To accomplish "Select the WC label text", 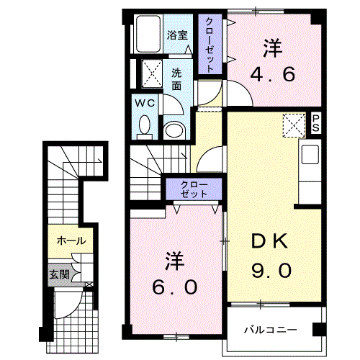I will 147,103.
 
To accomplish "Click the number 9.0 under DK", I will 271,271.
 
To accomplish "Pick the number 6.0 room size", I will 174,287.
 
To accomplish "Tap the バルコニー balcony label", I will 270,330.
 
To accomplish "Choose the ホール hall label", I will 71,240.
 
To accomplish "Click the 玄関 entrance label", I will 60,274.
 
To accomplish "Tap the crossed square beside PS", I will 294,125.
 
